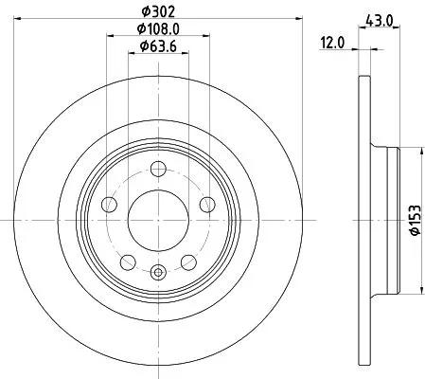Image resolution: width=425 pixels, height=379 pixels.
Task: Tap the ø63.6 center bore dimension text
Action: pyautogui.click(x=158, y=47)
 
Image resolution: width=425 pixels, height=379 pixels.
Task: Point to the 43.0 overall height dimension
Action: pyautogui.click(x=379, y=18)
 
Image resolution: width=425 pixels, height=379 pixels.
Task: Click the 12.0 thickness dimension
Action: pyautogui.click(x=333, y=41)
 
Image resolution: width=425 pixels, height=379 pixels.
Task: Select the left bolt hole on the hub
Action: pyautogui.click(x=110, y=206)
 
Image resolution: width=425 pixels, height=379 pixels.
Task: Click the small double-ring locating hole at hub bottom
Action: pyautogui.click(x=158, y=275)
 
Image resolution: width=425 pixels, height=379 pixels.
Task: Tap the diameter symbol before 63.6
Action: pyautogui.click(x=142, y=47)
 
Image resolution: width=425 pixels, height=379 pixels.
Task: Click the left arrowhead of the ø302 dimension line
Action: pyautogui.click(x=20, y=22)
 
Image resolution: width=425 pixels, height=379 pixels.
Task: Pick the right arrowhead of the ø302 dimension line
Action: pyautogui.click(x=296, y=22)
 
